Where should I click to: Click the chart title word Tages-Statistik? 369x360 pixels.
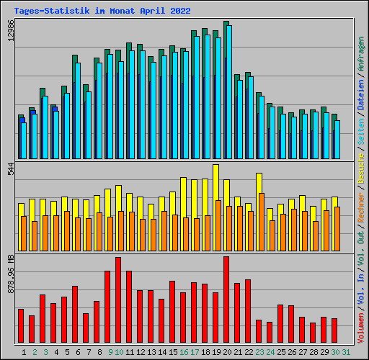tap(52, 11)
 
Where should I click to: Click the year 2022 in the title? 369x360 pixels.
tap(180, 11)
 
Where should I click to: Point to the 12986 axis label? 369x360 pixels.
tap(11, 30)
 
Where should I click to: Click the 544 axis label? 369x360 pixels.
tap(11, 168)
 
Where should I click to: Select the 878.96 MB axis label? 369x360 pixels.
tap(11, 274)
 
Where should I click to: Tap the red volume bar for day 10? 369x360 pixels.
tap(118, 300)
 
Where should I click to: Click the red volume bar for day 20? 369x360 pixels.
tap(226, 300)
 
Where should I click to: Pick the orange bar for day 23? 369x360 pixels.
tap(262, 222)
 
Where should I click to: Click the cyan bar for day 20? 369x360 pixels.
tap(229, 92)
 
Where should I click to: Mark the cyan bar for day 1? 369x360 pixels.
tap(24, 140)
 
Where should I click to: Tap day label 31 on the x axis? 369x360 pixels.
tap(346, 352)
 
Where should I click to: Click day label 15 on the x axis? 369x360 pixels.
tap(173, 352)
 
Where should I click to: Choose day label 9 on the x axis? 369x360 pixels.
tap(110, 352)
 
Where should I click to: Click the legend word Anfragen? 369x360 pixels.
tap(361, 54)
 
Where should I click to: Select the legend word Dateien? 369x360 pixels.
tap(361, 95)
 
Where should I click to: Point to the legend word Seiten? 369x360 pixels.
tap(361, 132)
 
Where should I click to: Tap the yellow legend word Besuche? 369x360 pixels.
tap(361, 168)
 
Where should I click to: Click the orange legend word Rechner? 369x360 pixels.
tap(361, 207)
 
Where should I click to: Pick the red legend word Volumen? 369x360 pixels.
tap(361, 328)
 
